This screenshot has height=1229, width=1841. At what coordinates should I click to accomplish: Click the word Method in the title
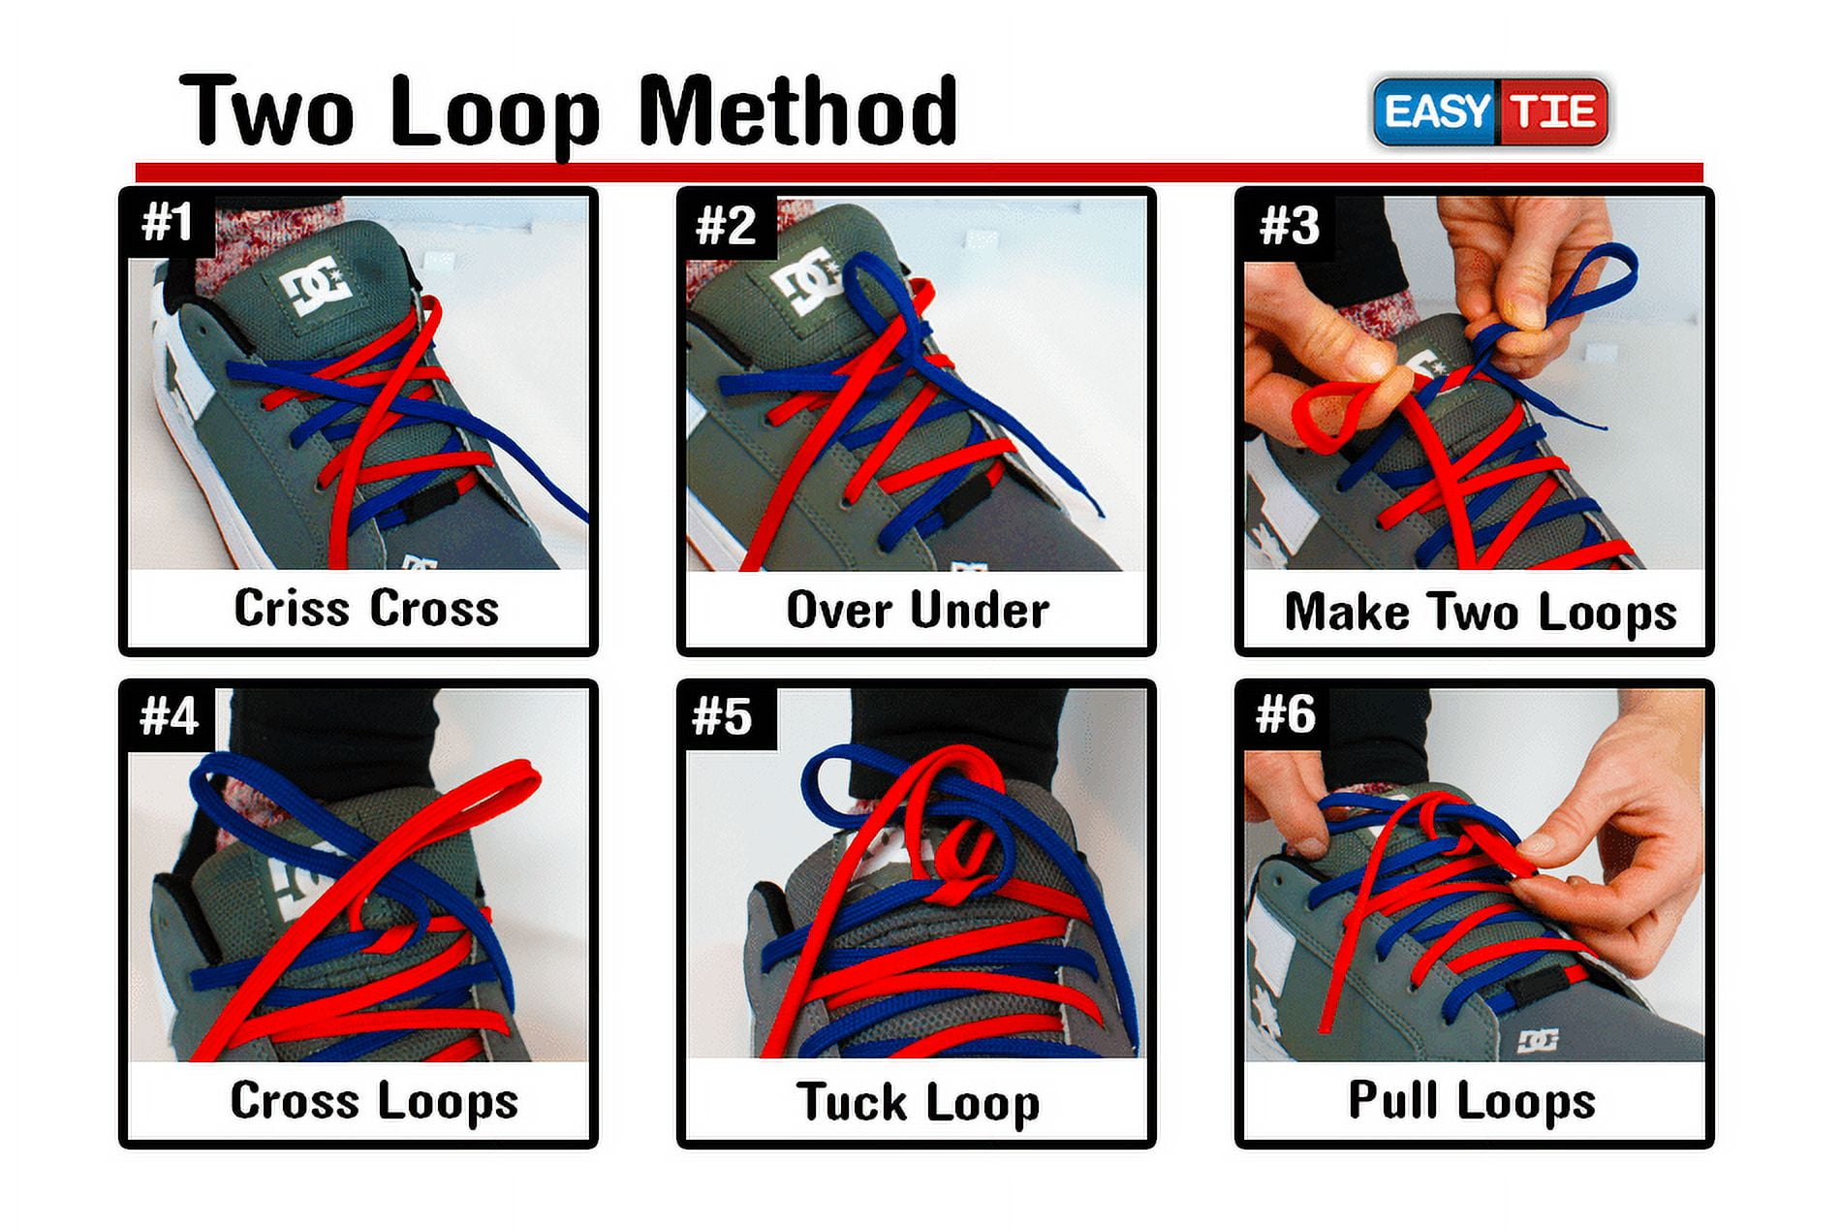[x=796, y=111]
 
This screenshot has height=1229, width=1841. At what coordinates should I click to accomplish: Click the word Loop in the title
[x=494, y=114]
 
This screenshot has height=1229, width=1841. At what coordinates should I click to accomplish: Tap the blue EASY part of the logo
[x=1436, y=111]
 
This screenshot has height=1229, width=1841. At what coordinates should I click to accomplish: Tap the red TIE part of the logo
[x=1553, y=111]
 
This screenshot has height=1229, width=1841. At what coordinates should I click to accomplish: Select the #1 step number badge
[x=168, y=222]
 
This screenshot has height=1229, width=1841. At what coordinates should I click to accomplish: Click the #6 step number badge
[x=1285, y=714]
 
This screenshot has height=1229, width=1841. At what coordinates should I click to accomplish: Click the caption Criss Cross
[x=366, y=609]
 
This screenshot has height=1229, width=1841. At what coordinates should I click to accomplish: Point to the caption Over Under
[x=917, y=610]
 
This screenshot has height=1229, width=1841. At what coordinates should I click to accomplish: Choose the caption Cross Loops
[x=373, y=1101]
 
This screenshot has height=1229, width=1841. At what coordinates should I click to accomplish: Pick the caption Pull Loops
[x=1471, y=1100]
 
